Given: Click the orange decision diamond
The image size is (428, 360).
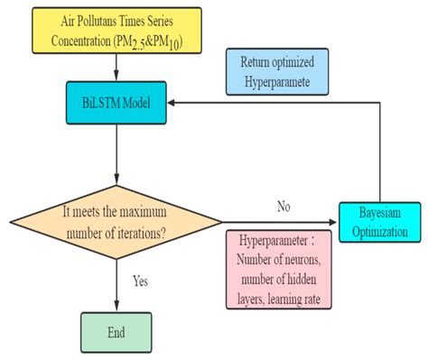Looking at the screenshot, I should point(113,221).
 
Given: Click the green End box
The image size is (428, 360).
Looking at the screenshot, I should point(115,331).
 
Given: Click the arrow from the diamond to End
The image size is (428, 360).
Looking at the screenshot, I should point(114,284).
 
